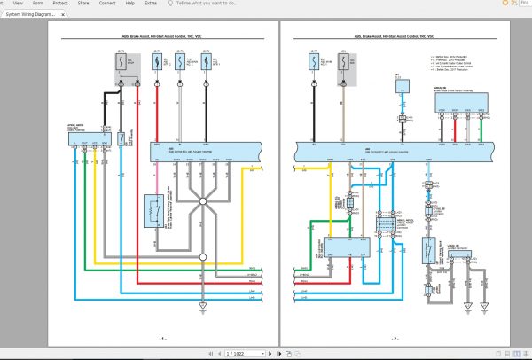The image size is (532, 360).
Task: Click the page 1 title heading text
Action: (162, 37)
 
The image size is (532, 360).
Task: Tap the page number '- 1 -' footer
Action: (162, 338)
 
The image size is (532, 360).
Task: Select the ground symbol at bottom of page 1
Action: (202, 308)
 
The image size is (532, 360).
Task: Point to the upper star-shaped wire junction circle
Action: (202, 203)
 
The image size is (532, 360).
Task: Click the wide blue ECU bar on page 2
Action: (394, 151)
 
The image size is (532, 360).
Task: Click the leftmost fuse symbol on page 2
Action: (314, 65)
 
